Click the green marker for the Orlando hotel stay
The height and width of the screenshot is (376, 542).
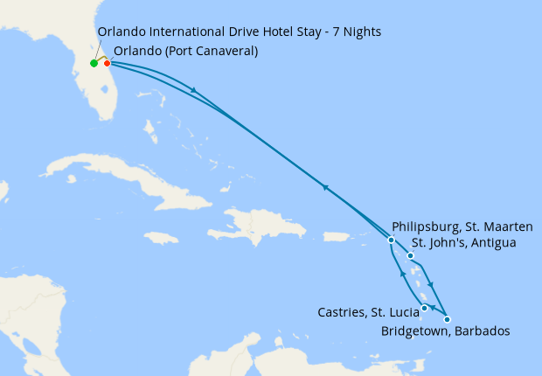coord(94,63)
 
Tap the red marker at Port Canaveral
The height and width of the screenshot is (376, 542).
coord(108,63)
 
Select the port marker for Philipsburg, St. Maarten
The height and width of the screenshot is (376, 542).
coord(391,240)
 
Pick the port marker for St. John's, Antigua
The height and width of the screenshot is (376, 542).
coord(410,256)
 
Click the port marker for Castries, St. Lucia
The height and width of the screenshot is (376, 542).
coord(425,308)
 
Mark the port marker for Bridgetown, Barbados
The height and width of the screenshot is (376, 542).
coord(448,319)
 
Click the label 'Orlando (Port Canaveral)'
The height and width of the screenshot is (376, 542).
coord(185,51)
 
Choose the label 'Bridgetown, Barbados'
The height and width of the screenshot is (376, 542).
coord(446,331)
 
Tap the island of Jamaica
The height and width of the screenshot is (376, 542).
coord(160,237)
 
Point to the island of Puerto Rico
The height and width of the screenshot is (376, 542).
coord(337,236)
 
